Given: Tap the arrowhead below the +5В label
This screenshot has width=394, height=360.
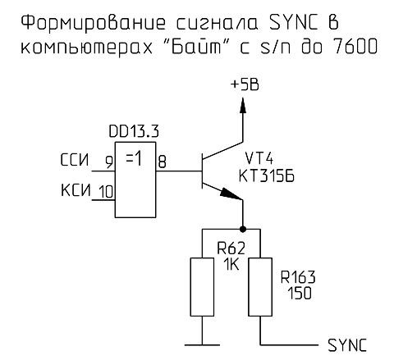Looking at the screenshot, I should point(243,104).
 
